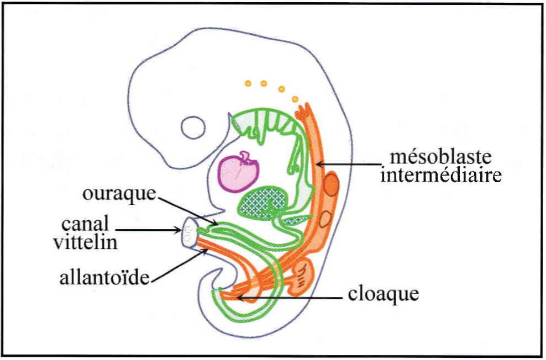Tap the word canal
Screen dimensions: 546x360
85,224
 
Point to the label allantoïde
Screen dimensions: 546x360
104,278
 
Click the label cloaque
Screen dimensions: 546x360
384,294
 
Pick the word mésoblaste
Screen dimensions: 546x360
440,157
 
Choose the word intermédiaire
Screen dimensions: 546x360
441,175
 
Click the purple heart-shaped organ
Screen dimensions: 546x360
238,172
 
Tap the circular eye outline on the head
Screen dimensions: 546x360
193,128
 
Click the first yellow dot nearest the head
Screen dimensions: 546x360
248,83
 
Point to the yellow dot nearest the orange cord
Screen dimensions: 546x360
295,99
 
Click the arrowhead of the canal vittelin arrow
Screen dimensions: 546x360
179,230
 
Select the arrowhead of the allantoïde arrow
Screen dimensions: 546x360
206,251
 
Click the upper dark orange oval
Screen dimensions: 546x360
331,184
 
